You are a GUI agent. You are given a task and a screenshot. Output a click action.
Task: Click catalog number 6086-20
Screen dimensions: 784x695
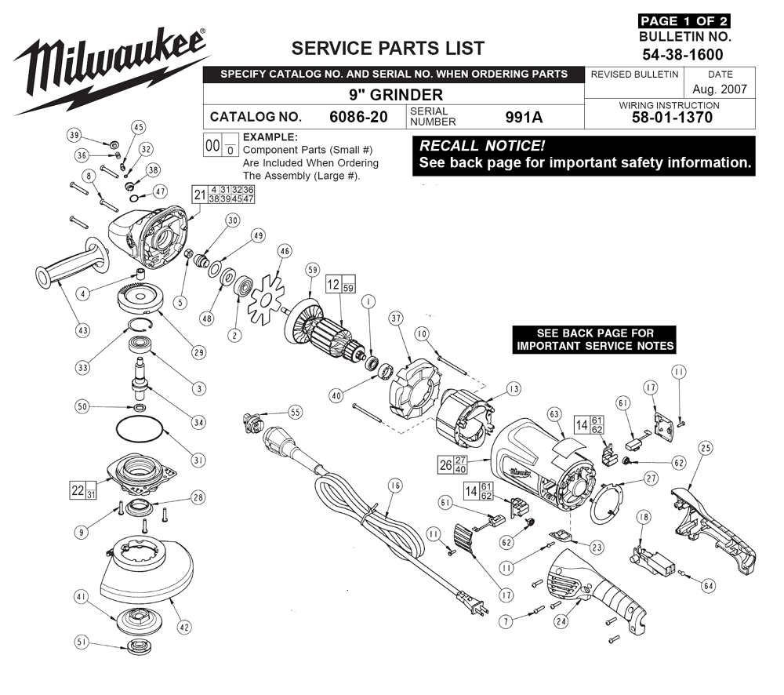pyautogui.click(x=358, y=117)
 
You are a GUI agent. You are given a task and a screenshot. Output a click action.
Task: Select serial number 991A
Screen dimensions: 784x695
pyautogui.click(x=524, y=117)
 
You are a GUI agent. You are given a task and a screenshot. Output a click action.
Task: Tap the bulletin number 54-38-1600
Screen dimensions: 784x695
pyautogui.click(x=683, y=55)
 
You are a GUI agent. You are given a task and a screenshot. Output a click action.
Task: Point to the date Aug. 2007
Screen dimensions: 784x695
pyautogui.click(x=720, y=89)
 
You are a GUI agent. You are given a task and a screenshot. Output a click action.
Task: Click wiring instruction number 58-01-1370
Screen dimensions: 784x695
pyautogui.click(x=672, y=118)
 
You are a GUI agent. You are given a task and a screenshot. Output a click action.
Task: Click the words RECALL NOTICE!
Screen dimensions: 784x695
pyautogui.click(x=482, y=146)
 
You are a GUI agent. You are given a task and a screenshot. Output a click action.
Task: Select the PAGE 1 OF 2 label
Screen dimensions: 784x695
pyautogui.click(x=684, y=21)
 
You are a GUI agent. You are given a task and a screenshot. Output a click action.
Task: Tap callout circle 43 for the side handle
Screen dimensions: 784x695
pyautogui.click(x=83, y=330)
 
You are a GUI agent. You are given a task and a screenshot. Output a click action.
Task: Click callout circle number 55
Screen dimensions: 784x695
pyautogui.click(x=296, y=412)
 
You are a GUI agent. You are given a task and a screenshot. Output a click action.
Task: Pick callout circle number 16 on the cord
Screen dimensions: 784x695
pyautogui.click(x=395, y=486)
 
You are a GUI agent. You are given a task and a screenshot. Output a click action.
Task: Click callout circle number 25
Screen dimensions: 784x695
pyautogui.click(x=706, y=449)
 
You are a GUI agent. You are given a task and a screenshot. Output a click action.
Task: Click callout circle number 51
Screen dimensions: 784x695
pyautogui.click(x=82, y=642)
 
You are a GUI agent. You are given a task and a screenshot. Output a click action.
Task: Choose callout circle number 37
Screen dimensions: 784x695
pyautogui.click(x=397, y=318)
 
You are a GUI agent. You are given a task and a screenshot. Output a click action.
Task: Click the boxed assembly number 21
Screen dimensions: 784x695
pyautogui.click(x=200, y=195)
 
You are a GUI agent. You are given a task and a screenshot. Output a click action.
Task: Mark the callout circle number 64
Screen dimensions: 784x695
pyautogui.click(x=709, y=585)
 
